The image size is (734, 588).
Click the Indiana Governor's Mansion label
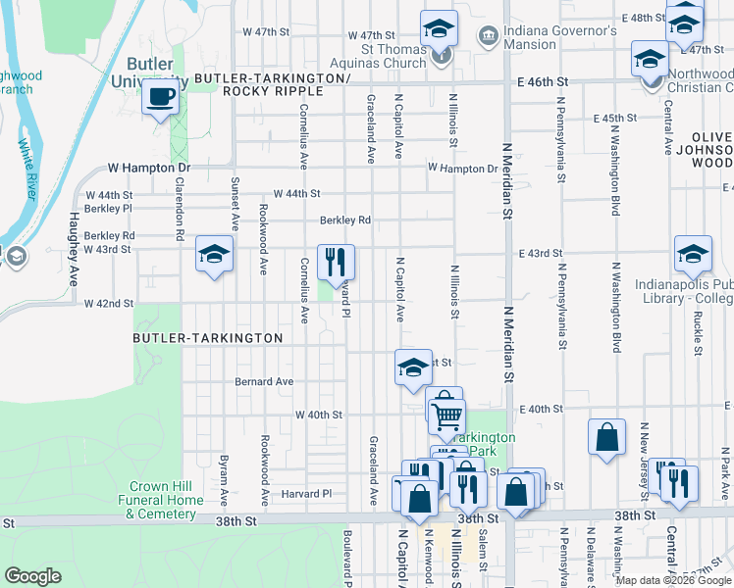(x=559, y=37)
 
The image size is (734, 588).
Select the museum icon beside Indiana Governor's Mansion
(x=488, y=36)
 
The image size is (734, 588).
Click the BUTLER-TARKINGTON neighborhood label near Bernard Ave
(x=209, y=338)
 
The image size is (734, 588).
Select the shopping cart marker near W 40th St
(x=446, y=415)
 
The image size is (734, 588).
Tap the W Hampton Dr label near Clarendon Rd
(x=147, y=169)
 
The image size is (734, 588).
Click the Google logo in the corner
(x=32, y=576)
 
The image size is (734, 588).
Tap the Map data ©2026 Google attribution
(x=673, y=580)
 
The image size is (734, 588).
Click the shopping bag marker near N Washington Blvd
(x=606, y=436)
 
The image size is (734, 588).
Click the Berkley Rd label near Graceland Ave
(x=344, y=220)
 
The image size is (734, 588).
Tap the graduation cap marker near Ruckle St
(x=693, y=254)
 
